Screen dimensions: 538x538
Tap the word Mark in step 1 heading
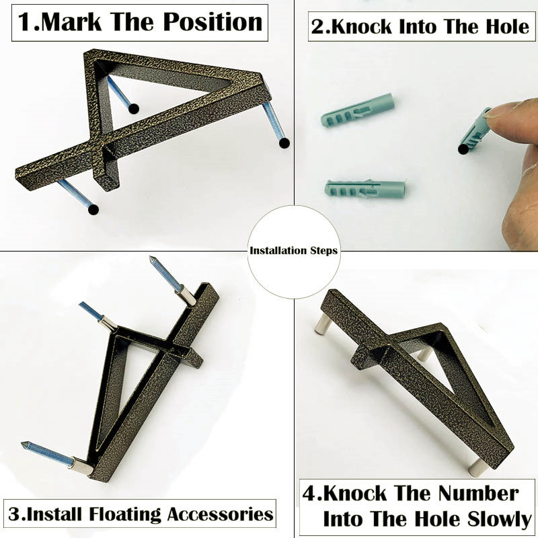click(71, 22)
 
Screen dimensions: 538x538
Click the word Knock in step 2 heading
click(361, 27)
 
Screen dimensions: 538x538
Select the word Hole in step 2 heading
click(508, 26)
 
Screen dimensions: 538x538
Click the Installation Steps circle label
click(294, 251)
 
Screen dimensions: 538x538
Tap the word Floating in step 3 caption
click(125, 514)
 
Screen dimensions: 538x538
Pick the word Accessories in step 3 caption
click(221, 514)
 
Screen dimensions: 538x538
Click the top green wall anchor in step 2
click(358, 110)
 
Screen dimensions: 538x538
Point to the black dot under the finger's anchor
click(463, 149)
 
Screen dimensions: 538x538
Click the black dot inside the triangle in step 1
click(134, 109)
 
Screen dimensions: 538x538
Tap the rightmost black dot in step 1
click(284, 143)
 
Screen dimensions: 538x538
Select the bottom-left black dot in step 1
click(93, 209)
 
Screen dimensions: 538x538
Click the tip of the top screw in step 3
click(151, 258)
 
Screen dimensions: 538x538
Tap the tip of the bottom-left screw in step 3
click(23, 444)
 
